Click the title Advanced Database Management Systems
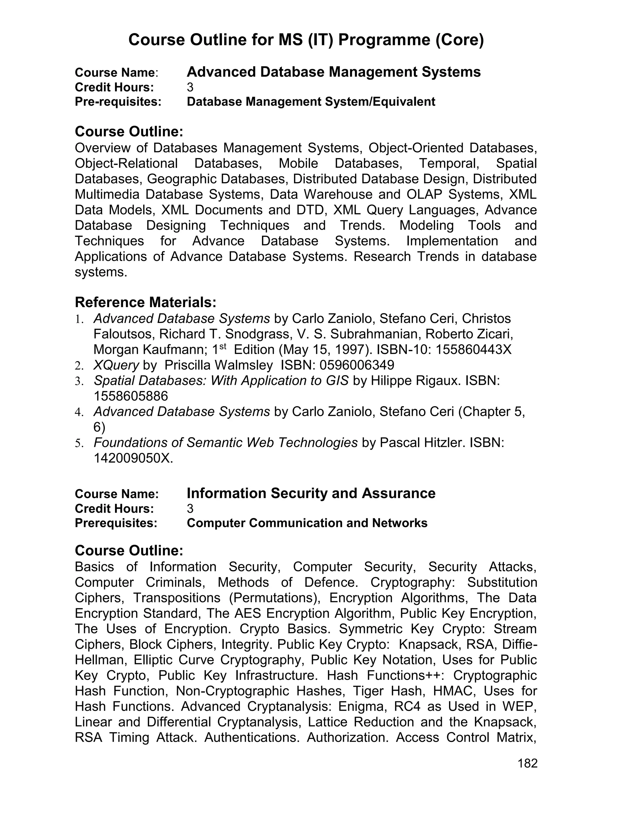(333, 72)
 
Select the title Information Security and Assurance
(311, 493)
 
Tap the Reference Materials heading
(146, 302)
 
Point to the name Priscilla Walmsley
(219, 365)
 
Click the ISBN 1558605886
(131, 396)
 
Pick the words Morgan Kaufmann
(150, 350)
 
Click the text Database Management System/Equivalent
(311, 102)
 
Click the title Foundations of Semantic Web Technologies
(225, 443)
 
